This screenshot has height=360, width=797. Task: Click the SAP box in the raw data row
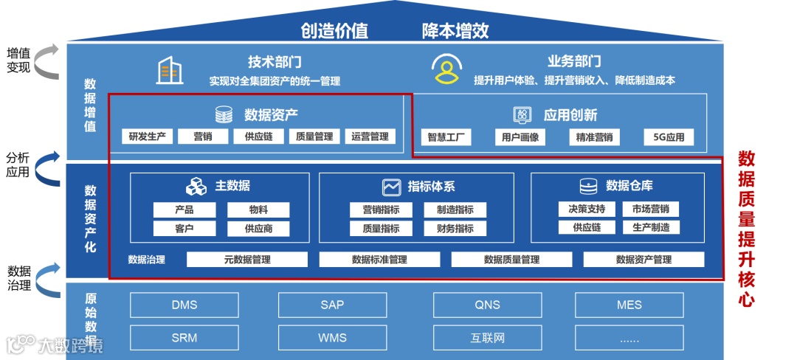[x=332, y=305]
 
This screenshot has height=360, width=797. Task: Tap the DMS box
[x=184, y=305]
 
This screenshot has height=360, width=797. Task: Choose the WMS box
[x=332, y=338]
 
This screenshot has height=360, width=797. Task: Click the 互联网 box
[x=487, y=338]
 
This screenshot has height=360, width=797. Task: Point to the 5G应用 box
[x=669, y=137]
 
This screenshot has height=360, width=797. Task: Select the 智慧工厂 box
[x=446, y=137]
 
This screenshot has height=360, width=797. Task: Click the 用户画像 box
[x=520, y=137]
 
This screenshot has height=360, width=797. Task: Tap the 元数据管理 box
[x=247, y=260]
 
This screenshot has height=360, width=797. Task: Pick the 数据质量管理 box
[x=511, y=260]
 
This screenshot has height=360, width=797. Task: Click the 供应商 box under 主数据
[x=258, y=229]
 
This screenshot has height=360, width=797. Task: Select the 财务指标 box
[x=455, y=229]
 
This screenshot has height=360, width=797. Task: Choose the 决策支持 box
[x=581, y=209]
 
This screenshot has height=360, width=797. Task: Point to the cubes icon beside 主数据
[x=196, y=187]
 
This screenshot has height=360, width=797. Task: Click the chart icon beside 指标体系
[x=390, y=187]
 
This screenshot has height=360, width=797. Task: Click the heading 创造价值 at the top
[x=334, y=31]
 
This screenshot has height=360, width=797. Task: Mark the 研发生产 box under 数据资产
[x=147, y=136]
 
